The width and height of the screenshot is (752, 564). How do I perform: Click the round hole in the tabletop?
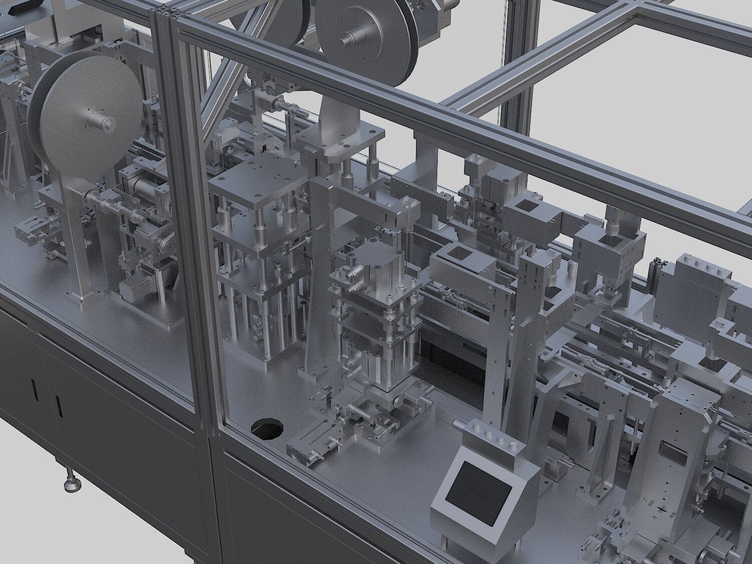(x=267, y=429)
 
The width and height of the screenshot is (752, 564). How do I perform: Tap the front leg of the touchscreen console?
(x=446, y=541)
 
